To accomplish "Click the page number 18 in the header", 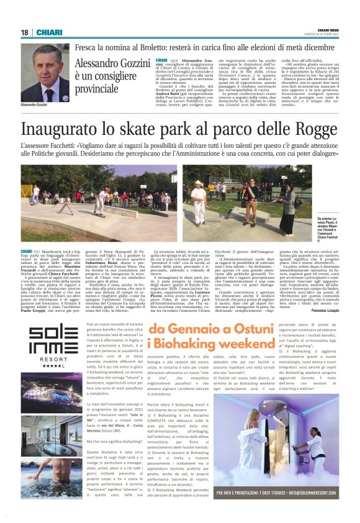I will tap(24, 32).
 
